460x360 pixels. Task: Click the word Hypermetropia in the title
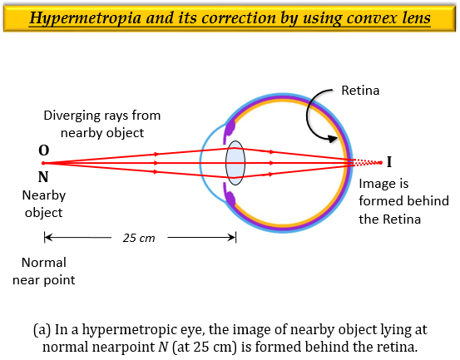[86, 18]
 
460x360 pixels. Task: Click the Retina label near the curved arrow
[360, 91]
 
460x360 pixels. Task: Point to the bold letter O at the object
[44, 150]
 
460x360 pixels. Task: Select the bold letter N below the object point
[43, 177]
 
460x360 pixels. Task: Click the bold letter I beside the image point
[389, 162]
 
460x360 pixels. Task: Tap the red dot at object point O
[43, 163]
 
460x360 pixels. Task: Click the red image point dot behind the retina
[381, 162]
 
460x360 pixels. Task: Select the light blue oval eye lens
[235, 163]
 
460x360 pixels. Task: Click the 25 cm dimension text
[139, 238]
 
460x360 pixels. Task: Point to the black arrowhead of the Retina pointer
[333, 138]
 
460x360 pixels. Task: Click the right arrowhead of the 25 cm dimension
[232, 237]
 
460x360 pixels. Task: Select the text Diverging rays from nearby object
[102, 124]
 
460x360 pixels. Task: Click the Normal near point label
[44, 271]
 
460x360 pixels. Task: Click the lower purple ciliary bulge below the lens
[230, 197]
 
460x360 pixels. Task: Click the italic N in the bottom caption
[163, 347]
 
